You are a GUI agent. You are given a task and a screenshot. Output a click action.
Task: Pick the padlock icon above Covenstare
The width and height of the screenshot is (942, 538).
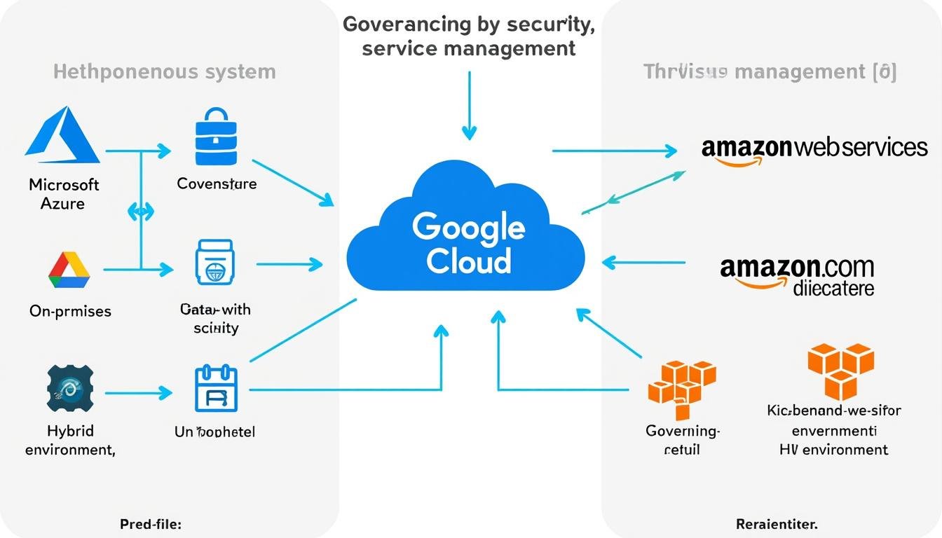click(216, 137)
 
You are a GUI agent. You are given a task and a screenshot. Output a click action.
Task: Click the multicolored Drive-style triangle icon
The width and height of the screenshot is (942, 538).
click(69, 270)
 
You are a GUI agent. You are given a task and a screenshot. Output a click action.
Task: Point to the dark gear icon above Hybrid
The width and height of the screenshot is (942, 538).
click(69, 387)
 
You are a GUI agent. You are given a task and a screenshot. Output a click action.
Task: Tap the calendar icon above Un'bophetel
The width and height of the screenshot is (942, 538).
click(216, 390)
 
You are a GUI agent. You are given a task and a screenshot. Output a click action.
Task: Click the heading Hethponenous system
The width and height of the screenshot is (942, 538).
click(165, 71)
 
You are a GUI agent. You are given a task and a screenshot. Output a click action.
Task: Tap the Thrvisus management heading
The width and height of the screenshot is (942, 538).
click(770, 71)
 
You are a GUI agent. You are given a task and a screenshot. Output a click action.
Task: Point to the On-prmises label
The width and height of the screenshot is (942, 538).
click(70, 311)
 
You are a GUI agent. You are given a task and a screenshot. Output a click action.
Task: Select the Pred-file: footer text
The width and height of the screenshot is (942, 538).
click(151, 524)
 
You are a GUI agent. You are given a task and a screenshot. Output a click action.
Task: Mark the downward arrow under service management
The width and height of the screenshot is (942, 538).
click(469, 105)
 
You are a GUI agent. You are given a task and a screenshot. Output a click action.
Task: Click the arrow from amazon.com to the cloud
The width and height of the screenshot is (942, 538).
click(643, 263)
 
